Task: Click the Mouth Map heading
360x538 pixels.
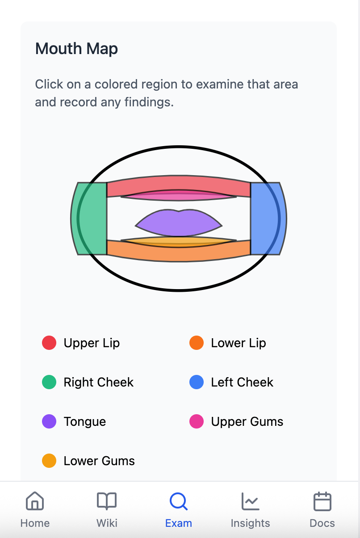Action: tap(76, 49)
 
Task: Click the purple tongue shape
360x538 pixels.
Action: tap(179, 223)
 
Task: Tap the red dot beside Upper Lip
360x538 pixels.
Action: tap(49, 343)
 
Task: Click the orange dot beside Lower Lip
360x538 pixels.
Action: tap(197, 343)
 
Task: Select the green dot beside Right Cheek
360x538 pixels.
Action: tap(49, 382)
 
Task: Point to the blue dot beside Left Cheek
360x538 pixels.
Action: tap(197, 382)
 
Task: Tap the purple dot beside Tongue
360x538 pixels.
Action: tap(49, 421)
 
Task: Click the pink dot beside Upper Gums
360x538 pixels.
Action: tap(197, 421)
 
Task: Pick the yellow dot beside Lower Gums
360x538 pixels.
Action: tap(49, 461)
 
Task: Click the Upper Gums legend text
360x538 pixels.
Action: tap(247, 422)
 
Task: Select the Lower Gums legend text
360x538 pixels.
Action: tap(99, 461)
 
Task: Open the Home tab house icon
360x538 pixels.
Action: tap(35, 501)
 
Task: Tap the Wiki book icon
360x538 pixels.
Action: tap(107, 501)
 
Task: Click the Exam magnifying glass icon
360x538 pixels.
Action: tap(179, 501)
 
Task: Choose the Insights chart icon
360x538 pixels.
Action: tap(250, 501)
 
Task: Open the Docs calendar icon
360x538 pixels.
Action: tap(322, 501)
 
